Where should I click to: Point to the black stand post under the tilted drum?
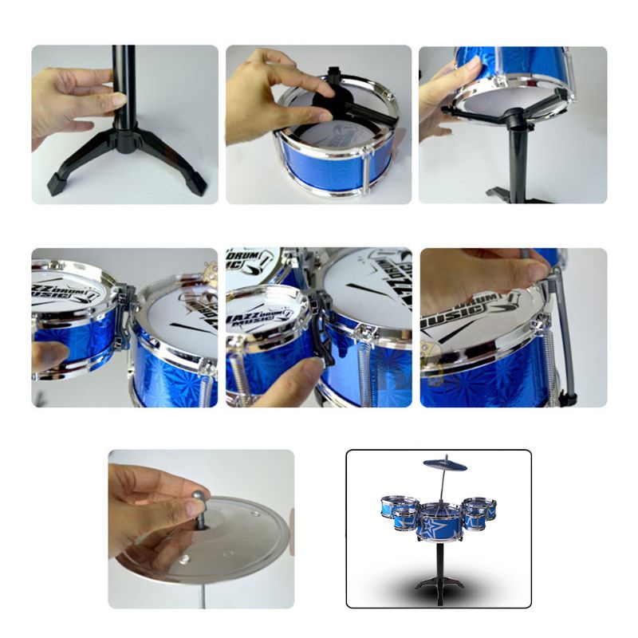518,159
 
